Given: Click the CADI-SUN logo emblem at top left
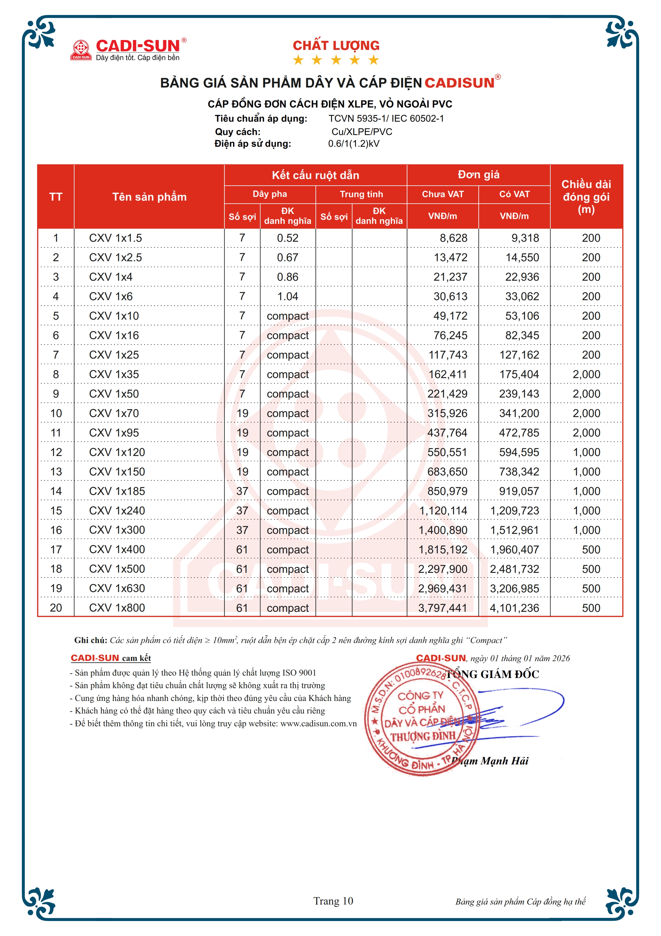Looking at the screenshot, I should pos(81,49).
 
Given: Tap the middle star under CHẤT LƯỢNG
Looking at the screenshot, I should pos(336,60).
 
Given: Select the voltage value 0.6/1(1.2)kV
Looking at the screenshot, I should pos(354,144).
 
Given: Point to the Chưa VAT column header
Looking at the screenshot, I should pos(442,194).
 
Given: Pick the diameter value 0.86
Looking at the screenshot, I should pos(287,277).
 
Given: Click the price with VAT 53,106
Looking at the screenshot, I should pos(522,316).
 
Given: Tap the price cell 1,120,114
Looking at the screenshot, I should pos(443,511).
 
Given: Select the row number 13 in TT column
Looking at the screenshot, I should pos(56,472).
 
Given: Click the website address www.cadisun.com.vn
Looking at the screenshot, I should pos(318,724).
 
